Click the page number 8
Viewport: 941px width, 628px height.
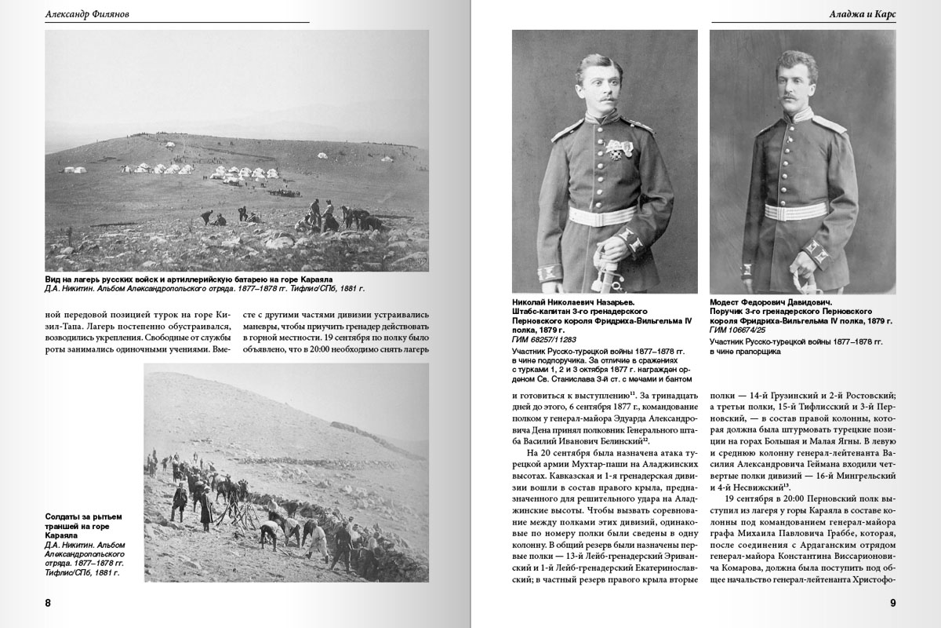(x=48, y=603)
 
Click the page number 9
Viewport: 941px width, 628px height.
(x=892, y=603)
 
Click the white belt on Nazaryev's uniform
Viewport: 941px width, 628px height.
(x=602, y=216)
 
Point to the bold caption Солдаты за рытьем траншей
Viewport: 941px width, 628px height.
(x=83, y=521)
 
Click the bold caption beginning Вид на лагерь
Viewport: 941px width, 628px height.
(x=189, y=279)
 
